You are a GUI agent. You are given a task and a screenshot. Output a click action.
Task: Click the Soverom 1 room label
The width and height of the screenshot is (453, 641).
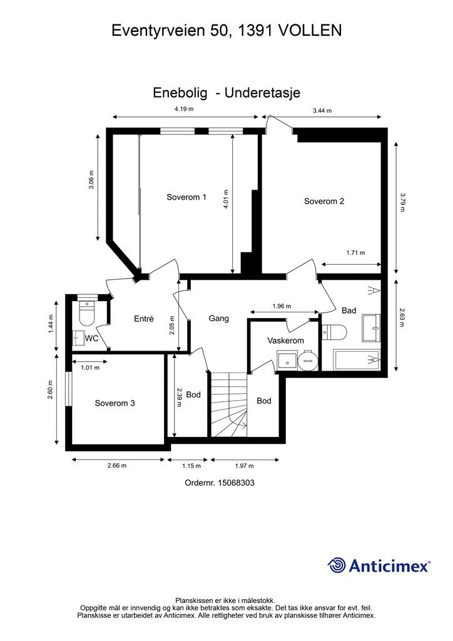(x=186, y=197)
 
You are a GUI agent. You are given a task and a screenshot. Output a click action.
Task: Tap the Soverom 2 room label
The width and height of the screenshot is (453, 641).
(x=324, y=201)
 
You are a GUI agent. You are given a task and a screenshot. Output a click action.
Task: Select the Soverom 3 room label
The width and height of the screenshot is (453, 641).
(x=115, y=403)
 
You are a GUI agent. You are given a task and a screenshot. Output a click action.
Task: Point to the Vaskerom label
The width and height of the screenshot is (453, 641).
(x=285, y=340)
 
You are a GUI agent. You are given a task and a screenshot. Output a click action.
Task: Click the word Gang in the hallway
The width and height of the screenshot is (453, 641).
(x=218, y=318)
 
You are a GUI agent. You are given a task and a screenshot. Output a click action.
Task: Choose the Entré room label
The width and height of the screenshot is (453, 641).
(x=144, y=319)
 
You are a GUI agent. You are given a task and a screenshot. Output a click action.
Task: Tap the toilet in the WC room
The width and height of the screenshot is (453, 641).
(x=86, y=313)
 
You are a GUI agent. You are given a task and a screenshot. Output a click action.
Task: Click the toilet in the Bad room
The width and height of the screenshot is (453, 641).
(x=334, y=332)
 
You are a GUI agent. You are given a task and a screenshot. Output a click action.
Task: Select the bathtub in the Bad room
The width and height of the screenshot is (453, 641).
(x=357, y=360)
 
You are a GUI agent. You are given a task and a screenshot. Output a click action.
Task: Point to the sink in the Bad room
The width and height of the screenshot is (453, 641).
(x=371, y=328)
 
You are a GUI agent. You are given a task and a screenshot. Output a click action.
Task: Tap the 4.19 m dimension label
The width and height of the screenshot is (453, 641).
(x=184, y=109)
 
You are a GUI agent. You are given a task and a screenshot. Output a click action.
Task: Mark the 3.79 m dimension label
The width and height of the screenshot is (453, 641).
(x=402, y=202)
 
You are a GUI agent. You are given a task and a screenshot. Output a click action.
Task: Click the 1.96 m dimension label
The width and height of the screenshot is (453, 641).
(x=282, y=305)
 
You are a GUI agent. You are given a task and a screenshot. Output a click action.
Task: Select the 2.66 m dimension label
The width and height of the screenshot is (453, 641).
(x=117, y=465)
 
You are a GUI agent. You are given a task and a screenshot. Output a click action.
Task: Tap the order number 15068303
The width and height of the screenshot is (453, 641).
(x=236, y=483)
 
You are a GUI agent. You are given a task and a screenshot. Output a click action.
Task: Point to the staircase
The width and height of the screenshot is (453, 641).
(x=229, y=404)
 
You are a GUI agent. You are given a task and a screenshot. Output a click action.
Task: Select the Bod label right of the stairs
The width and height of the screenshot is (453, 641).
(x=264, y=401)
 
